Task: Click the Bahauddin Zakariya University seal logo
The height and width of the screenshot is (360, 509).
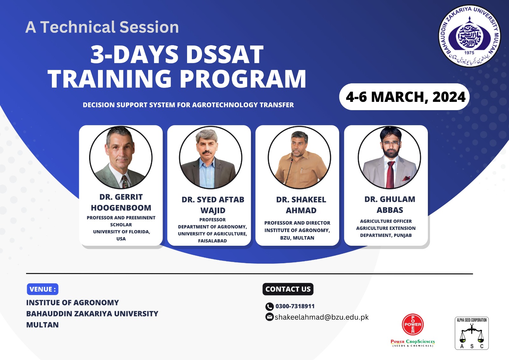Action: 470,36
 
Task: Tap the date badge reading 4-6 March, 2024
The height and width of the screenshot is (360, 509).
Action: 404,97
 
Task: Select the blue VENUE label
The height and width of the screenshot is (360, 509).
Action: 43,289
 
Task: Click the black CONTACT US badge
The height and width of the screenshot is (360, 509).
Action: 288,289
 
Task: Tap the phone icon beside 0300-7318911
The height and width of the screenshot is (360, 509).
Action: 269,307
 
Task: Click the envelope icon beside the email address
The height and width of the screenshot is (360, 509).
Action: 269,317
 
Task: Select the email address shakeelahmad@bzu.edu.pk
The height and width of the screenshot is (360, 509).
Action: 322,317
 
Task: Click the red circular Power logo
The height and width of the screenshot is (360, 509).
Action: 413,324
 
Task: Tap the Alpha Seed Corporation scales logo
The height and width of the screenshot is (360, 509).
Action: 472,333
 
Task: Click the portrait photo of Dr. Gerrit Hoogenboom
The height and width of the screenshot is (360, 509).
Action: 121,157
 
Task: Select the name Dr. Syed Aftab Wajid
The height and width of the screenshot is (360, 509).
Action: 213,205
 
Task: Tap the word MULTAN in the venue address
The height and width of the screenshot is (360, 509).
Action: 43,325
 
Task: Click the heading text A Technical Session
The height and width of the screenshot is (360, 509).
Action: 102,27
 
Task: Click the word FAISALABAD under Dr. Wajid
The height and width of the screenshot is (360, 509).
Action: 213,241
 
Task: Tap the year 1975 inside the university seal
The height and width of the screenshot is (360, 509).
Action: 469,53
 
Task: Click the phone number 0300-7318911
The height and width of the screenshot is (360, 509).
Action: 295,306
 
